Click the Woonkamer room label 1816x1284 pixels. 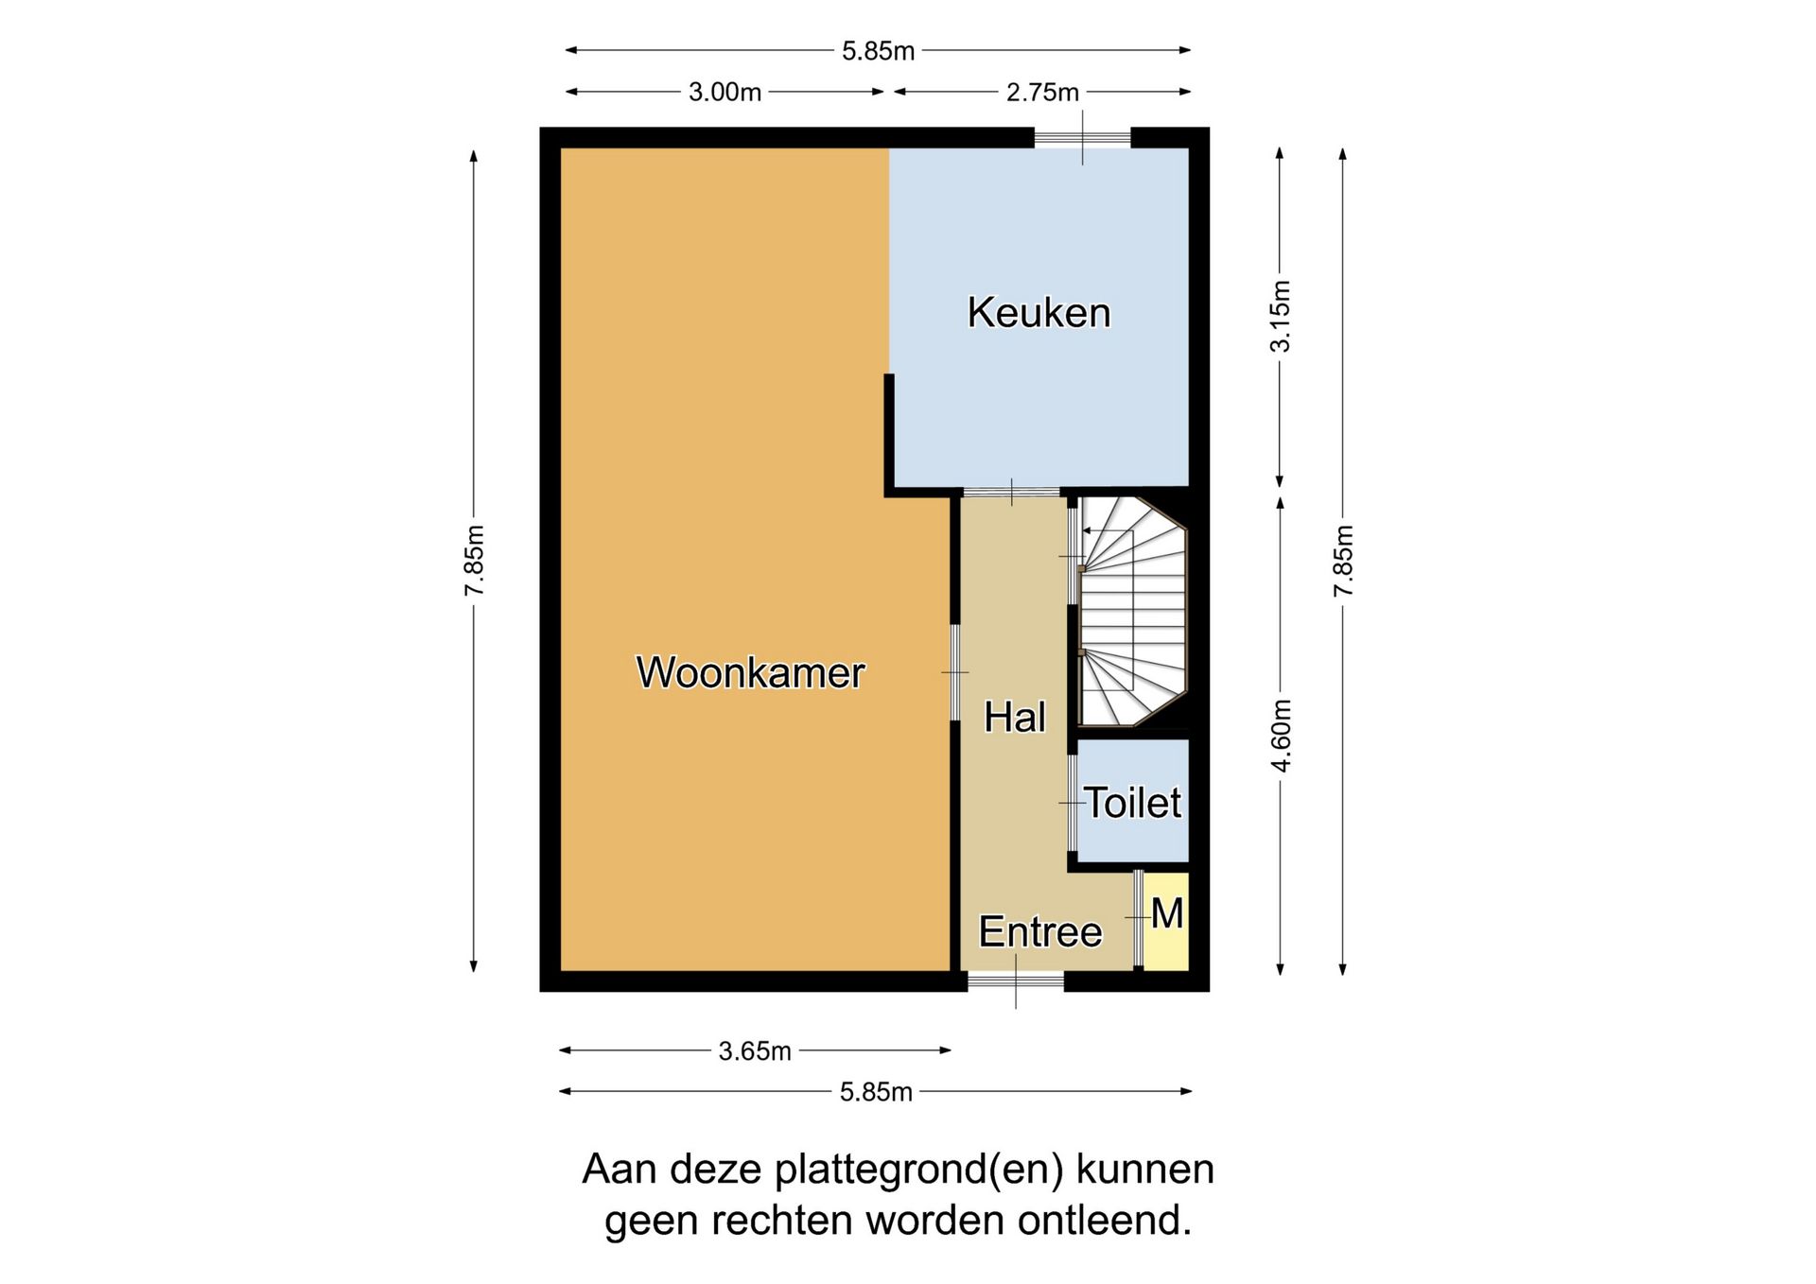click(750, 672)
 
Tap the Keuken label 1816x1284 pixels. click(1039, 313)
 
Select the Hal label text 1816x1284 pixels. click(1014, 717)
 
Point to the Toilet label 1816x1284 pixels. click(1132, 803)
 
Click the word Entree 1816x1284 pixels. click(1039, 932)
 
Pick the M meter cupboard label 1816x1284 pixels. click(1167, 914)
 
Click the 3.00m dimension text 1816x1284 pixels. click(725, 92)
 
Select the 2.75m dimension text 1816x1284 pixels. click(1042, 92)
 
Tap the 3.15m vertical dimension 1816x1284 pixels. click(1280, 316)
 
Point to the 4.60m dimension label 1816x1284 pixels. click(1281, 736)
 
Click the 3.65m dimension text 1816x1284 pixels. click(755, 1050)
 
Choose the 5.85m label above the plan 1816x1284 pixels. click(878, 50)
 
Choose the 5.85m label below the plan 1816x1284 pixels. click(876, 1092)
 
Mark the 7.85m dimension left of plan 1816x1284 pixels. click(474, 561)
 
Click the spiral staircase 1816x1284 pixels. click(1133, 612)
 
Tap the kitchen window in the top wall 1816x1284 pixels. click(1082, 139)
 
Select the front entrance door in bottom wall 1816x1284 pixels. click(1016, 981)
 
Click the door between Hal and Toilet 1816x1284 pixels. click(1072, 803)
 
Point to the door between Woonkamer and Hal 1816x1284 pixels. click(954, 672)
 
